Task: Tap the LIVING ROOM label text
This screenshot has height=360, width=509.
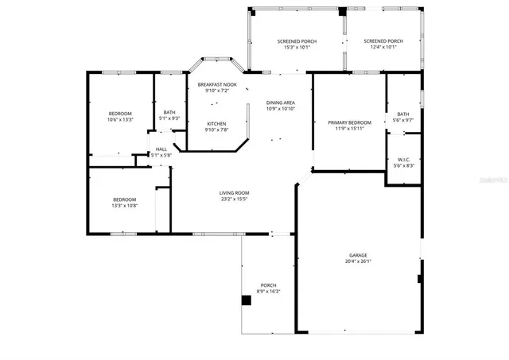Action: click(x=235, y=192)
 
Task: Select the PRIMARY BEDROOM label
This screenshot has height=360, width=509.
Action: click(x=349, y=122)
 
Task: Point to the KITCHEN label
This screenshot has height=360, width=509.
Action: click(x=216, y=124)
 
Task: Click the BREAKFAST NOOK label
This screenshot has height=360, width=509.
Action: click(x=217, y=84)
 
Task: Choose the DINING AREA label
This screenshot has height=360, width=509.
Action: click(x=280, y=103)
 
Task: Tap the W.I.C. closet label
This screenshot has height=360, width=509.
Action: click(x=404, y=159)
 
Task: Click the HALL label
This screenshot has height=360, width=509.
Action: click(x=161, y=149)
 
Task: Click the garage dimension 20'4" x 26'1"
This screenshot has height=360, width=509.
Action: click(x=358, y=261)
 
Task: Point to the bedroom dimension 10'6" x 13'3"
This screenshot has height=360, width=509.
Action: click(x=120, y=119)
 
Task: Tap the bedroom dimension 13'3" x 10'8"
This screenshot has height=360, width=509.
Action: click(x=124, y=205)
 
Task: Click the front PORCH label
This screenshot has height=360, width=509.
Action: click(x=269, y=285)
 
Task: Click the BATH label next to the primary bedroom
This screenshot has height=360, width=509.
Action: click(x=403, y=114)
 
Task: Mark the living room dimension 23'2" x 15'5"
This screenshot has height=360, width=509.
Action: click(x=235, y=199)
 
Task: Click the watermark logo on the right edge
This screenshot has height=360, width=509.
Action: click(x=493, y=180)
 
